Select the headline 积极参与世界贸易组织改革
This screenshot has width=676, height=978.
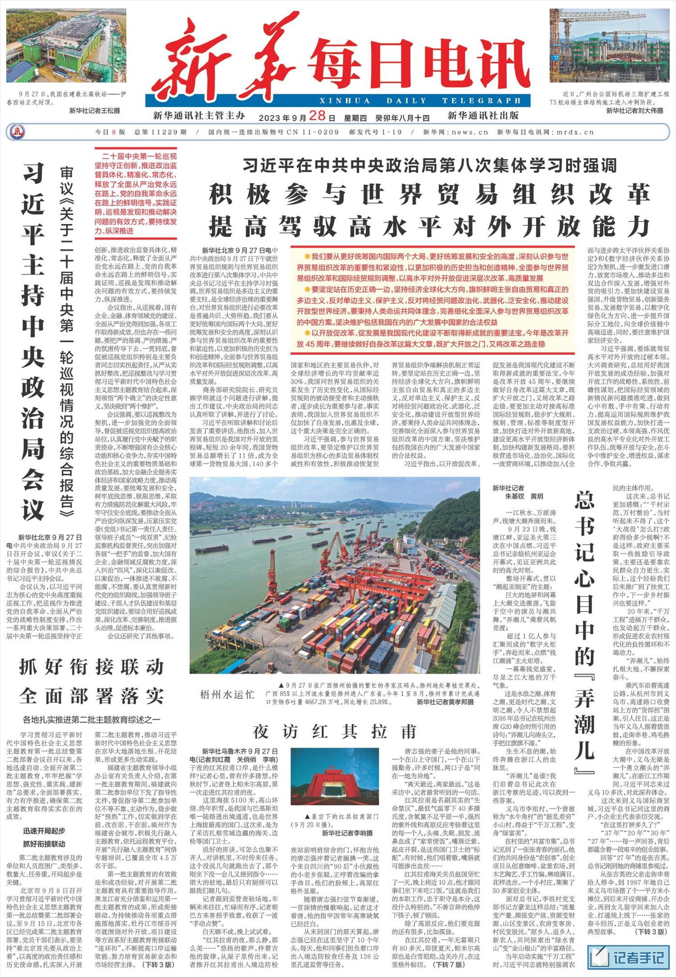(429, 194)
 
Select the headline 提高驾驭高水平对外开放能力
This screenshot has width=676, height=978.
(429, 227)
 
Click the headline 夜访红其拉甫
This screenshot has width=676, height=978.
(334, 731)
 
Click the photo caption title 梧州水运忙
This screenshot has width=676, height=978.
(227, 694)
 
